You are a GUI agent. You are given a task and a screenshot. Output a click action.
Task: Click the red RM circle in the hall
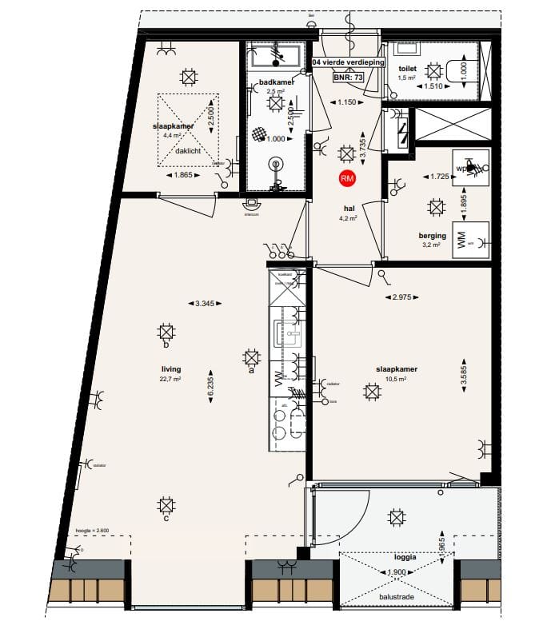pos(347,179)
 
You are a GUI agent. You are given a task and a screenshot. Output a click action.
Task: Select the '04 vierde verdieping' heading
pos(349,61)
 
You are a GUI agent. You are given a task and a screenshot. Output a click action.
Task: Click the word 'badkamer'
pos(276,82)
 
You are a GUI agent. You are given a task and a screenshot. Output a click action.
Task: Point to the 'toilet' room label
pos(408,69)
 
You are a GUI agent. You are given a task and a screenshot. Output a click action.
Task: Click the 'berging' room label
pos(431,236)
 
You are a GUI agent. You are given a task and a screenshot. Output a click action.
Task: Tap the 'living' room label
pos(170,369)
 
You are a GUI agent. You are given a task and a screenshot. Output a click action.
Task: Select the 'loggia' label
pos(405,557)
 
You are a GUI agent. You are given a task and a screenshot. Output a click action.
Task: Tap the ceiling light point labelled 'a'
pos(250,358)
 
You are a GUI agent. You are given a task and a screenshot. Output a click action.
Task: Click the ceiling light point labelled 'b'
pos(166,332)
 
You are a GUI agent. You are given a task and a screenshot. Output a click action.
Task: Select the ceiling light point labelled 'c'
pos(166,506)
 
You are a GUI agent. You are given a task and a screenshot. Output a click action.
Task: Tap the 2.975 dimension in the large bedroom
pos(403,297)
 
